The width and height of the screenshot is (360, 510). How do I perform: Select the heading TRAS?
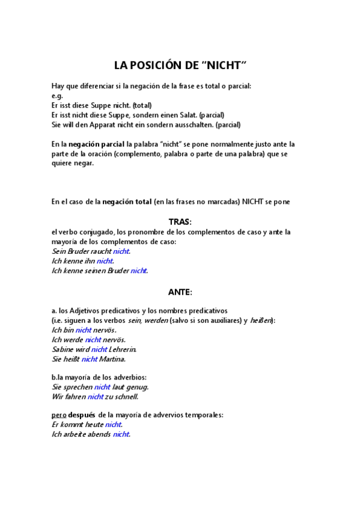pos(180,222)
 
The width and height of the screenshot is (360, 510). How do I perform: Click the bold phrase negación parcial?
pos(97,144)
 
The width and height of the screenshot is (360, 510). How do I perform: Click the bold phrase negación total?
pos(127,202)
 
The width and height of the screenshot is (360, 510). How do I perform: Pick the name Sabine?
pos(63,349)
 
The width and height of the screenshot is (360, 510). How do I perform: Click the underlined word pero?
pos(58,415)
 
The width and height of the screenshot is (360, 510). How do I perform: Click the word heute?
pos(94,425)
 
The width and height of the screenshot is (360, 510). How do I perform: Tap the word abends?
pos(99,434)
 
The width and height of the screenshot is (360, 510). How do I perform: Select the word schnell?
pos(125,396)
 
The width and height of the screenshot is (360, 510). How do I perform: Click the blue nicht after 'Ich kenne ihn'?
pos(105,261)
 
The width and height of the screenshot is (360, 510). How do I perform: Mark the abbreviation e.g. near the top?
pos(57,96)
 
